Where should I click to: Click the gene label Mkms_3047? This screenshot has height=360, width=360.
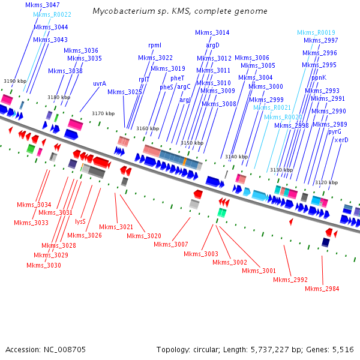click(42, 5)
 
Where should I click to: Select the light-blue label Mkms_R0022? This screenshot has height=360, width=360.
click(52, 14)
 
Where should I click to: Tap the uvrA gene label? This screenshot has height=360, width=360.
click(100, 83)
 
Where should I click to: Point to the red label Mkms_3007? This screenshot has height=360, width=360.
click(170, 244)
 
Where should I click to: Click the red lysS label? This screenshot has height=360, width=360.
click(80, 221)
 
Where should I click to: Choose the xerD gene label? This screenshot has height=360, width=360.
click(341, 140)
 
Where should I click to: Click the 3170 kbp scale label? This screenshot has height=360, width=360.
click(103, 113)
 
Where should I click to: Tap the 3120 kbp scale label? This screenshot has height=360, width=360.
click(326, 182)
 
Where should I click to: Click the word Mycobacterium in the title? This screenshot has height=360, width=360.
click(122, 11)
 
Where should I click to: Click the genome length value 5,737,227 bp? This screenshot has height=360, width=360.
click(263, 349)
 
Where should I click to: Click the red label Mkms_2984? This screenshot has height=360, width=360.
click(322, 289)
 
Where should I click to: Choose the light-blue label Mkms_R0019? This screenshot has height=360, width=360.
click(316, 32)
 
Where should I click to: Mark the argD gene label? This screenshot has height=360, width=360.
click(213, 45)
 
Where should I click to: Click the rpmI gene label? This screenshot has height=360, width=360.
click(154, 45)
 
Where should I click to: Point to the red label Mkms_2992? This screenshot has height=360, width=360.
click(290, 280)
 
